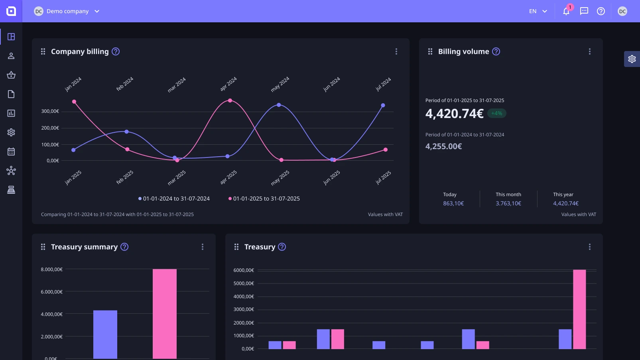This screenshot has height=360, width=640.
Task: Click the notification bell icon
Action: point(566,12)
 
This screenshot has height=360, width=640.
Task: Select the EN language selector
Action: point(538,11)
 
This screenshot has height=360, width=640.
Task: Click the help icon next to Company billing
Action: point(116,51)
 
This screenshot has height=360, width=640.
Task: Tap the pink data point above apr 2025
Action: point(230,100)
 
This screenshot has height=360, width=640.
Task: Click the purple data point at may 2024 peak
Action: point(279,105)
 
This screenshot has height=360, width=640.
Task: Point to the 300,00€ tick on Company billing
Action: point(50,111)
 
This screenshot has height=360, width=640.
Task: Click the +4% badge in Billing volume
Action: point(496,113)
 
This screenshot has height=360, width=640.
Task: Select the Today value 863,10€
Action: point(453,203)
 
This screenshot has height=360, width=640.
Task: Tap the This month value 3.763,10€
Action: point(508,203)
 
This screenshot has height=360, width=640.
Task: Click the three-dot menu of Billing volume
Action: point(589,51)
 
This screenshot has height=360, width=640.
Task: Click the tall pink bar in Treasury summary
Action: point(164,313)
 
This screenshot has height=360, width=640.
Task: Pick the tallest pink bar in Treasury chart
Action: point(579,309)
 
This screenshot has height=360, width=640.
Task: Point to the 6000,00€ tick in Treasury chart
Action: point(244,270)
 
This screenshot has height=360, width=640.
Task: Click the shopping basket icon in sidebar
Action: point(11,75)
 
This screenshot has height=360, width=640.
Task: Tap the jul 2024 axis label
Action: point(383,84)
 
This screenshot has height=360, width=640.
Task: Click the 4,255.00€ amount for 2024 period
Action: point(443,146)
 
